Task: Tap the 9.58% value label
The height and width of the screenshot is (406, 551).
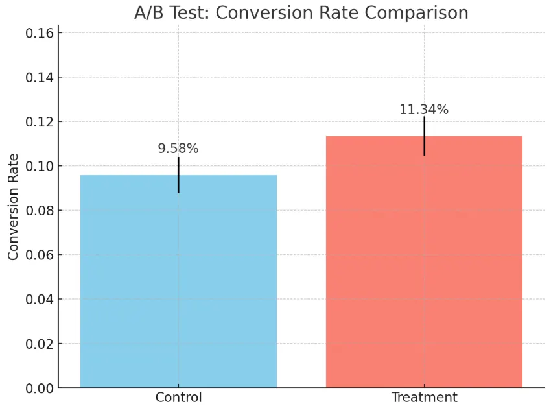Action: coord(178,149)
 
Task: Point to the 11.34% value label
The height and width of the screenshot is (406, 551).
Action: coord(424,110)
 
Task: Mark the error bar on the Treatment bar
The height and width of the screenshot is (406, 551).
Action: coord(424,136)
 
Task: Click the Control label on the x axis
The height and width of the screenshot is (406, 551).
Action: coord(178,398)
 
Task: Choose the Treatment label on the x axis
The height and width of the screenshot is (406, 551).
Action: coord(424,398)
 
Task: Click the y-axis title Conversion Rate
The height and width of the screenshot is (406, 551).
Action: coord(13,207)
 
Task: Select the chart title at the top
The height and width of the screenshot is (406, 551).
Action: coord(301,12)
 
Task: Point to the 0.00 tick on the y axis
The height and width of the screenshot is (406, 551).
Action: coord(39,388)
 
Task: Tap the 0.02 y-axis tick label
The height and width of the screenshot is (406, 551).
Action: coord(39,344)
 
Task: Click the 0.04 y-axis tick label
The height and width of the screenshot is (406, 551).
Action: coord(39,299)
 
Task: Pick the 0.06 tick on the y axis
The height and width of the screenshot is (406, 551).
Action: coord(39,255)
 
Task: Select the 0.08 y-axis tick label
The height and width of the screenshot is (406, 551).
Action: coord(39,210)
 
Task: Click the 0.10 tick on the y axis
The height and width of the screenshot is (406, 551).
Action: coord(39,166)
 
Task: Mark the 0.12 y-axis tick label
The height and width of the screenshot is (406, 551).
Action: coord(39,122)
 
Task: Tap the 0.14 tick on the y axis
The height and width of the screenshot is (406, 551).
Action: coord(39,77)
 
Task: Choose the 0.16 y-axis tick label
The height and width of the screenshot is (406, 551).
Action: coord(39,33)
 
